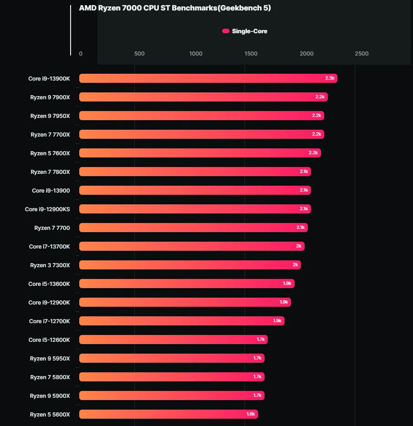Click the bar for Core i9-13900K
point(208,78)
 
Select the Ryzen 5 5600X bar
point(168,414)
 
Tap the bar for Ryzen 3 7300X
point(190,265)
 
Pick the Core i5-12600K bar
point(173,340)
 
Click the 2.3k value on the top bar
point(330,78)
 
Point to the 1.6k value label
point(251,414)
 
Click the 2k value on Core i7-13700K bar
point(299,246)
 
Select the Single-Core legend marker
point(226,31)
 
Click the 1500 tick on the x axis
point(251,54)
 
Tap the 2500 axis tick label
point(362,54)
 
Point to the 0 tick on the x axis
point(81,54)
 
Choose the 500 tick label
point(139,54)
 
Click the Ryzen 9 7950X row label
point(50,116)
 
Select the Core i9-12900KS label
point(47,209)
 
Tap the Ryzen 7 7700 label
point(52,228)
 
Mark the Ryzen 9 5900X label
point(50,396)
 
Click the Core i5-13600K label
point(49,284)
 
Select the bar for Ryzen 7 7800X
point(195,172)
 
